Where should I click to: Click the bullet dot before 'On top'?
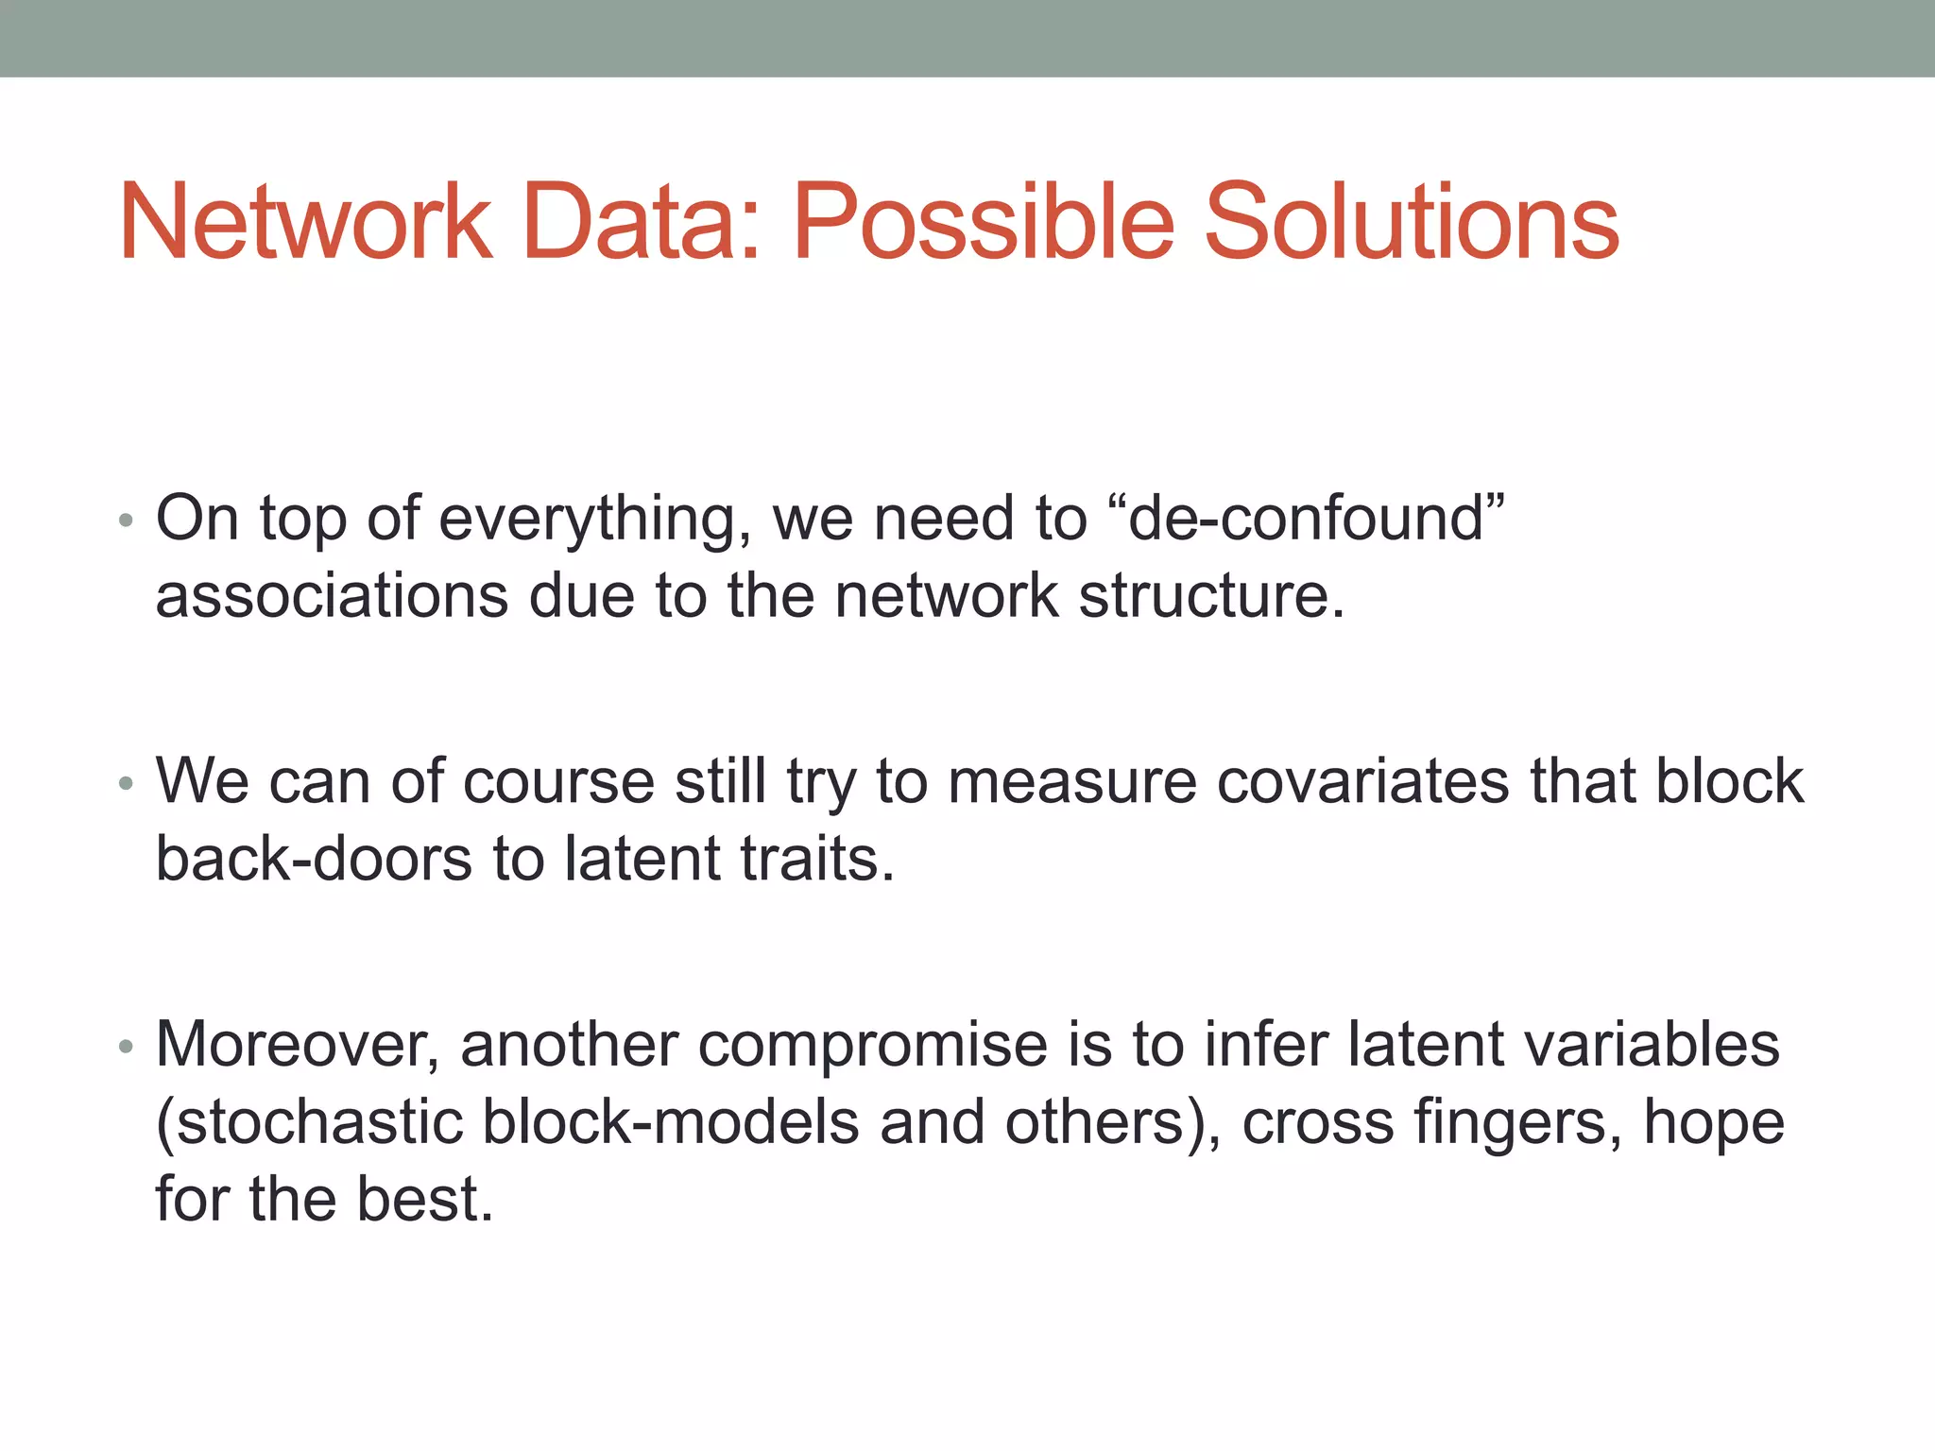click(127, 521)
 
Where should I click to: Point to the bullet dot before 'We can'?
click(127, 783)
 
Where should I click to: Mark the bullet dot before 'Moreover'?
click(127, 1046)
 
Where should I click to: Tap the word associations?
click(332, 596)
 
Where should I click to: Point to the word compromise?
click(873, 1047)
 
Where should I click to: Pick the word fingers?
click(1518, 1123)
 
